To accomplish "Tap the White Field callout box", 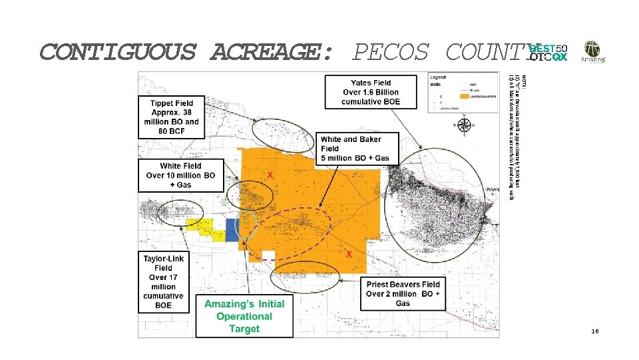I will click(180, 175).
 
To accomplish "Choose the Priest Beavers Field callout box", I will click(403, 293).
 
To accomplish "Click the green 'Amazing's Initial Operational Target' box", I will click(244, 316).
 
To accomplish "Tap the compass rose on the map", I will click(465, 125).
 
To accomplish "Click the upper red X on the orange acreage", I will click(270, 174).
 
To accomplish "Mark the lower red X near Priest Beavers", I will click(349, 255).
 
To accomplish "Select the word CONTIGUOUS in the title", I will click(118, 51).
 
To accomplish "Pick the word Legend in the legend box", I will click(438, 77).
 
